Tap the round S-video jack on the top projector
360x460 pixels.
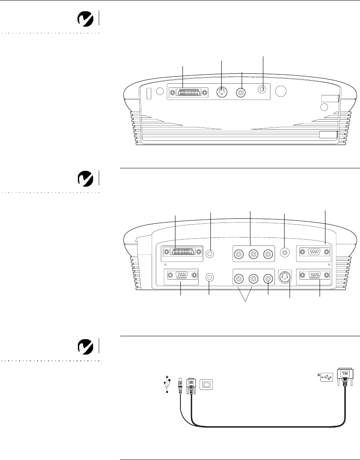pos(221,92)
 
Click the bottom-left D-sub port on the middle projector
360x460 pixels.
pos(180,276)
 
